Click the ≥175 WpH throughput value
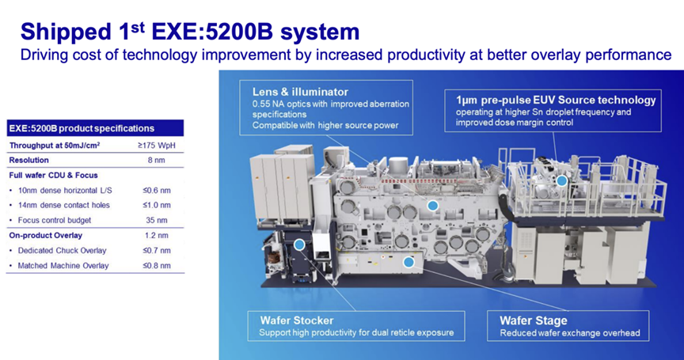157,145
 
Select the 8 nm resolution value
157,160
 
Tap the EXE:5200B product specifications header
82,128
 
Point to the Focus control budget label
55,220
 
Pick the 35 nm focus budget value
157,220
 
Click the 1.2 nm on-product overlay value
157,235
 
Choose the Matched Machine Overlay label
63,265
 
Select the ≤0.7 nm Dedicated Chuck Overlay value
157,251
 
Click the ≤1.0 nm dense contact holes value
157,205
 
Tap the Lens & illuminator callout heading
300,92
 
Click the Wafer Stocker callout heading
297,320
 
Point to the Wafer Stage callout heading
534,320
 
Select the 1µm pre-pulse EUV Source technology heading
556,100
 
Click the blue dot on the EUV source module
562,181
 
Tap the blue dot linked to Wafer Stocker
299,244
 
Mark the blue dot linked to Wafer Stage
408,262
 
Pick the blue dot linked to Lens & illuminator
432,206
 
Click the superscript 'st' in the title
138,27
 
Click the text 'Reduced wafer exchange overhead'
570,333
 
